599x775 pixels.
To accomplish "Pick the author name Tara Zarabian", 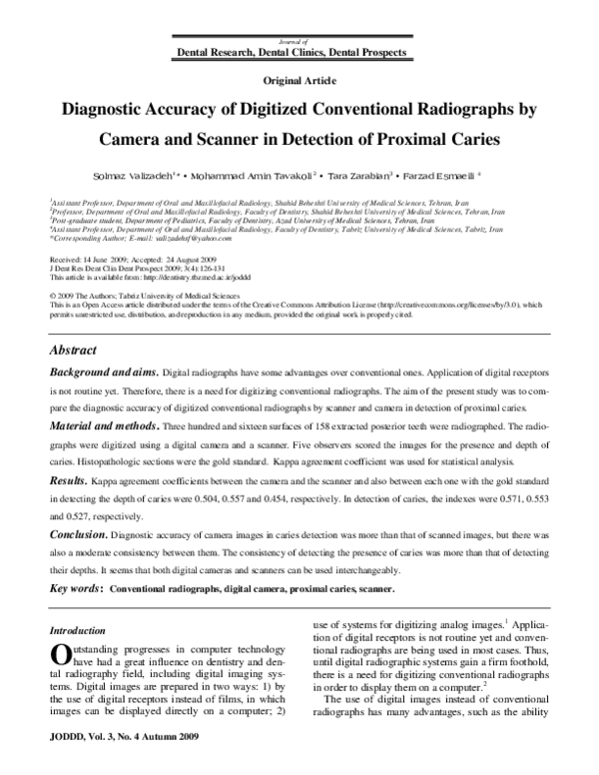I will tap(357, 173).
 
